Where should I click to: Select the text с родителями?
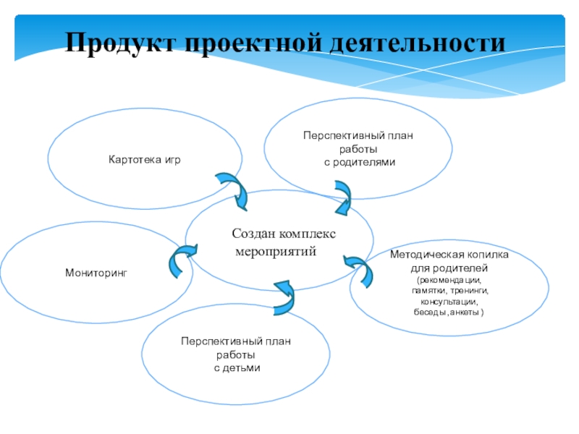click(359, 162)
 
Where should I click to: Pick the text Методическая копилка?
click(449, 256)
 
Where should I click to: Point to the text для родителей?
click(449, 268)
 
